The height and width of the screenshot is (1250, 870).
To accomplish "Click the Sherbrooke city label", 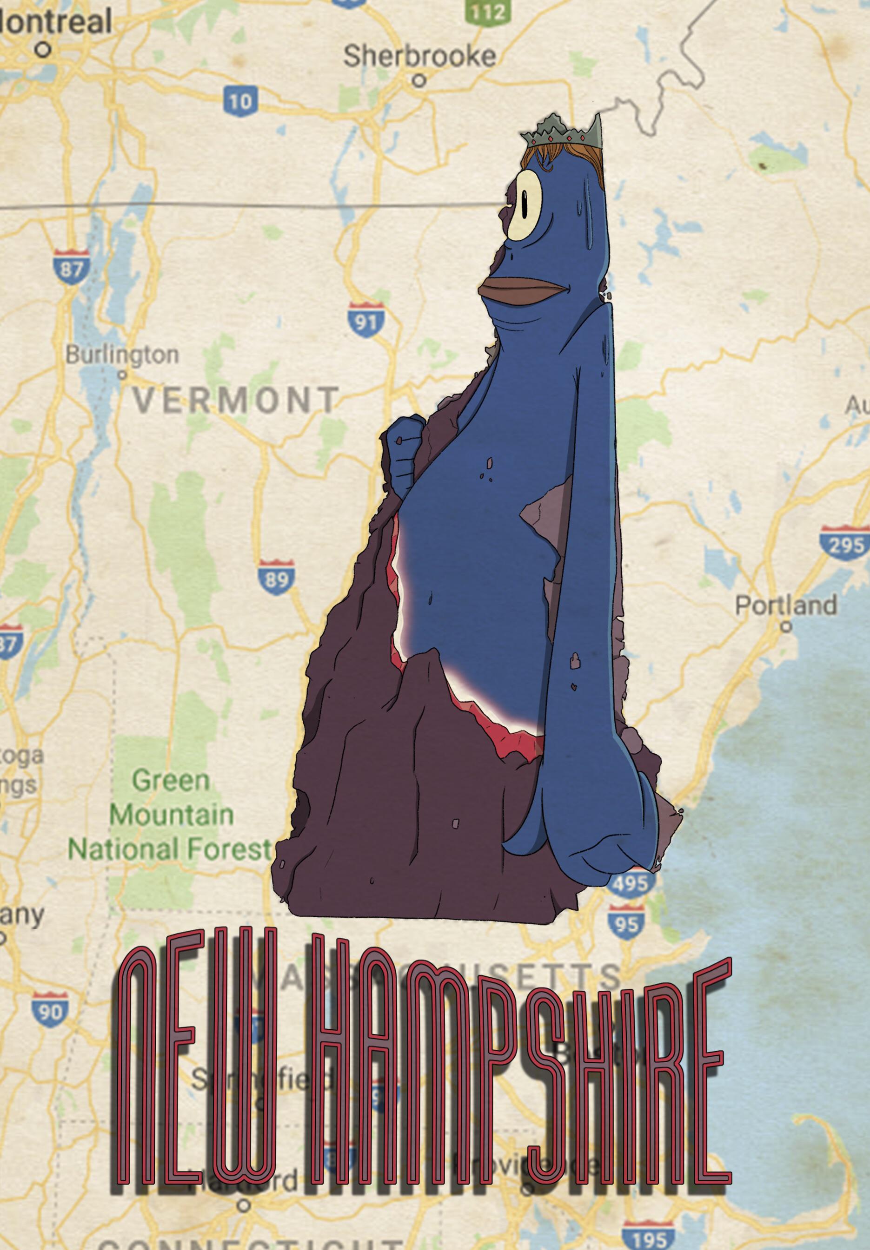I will [x=420, y=57].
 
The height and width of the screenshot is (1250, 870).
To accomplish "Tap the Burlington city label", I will [x=122, y=355].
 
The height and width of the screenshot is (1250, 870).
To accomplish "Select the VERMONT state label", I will [x=236, y=400].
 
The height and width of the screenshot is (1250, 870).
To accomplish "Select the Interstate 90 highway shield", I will [x=50, y=1010].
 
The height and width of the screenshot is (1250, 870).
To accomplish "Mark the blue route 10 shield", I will [x=239, y=101].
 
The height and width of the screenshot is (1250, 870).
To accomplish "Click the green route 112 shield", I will [x=486, y=11].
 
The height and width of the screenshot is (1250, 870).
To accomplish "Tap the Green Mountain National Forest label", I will [x=170, y=815].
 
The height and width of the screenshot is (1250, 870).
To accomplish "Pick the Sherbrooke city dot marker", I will [x=418, y=80].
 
